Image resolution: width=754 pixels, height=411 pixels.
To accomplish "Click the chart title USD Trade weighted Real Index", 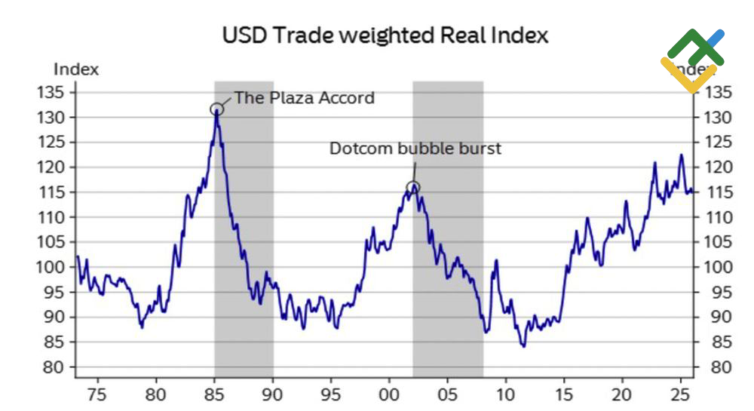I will pos(385,35).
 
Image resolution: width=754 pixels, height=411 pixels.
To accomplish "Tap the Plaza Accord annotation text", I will pos(304,97).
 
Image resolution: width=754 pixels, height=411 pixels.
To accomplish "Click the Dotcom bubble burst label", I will pos(415,149).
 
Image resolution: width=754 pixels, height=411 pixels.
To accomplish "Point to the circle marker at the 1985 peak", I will pos(217,109).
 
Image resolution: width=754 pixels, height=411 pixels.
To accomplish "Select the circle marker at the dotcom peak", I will pos(412,188).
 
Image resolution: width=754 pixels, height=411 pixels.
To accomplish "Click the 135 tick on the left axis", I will pos(63,92).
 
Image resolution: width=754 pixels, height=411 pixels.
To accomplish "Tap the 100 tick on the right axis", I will pos(718,267).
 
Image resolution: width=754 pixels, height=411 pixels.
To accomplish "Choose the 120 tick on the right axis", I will pos(718,167).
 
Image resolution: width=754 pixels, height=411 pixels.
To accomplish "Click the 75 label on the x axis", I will pos(97,394).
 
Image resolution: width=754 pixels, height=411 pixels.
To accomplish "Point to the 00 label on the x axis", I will pos(389,394).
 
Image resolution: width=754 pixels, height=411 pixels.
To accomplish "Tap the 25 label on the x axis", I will pos(681,394).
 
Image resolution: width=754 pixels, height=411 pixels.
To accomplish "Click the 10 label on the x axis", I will pos(506,394).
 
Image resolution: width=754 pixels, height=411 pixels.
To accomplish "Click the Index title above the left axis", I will pos(76,69).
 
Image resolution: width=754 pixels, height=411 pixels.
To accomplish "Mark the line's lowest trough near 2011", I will pos(523,346).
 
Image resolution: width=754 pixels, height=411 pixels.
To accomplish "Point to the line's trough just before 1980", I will pos(141,327).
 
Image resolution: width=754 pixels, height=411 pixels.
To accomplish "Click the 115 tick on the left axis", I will pos(63,192).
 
